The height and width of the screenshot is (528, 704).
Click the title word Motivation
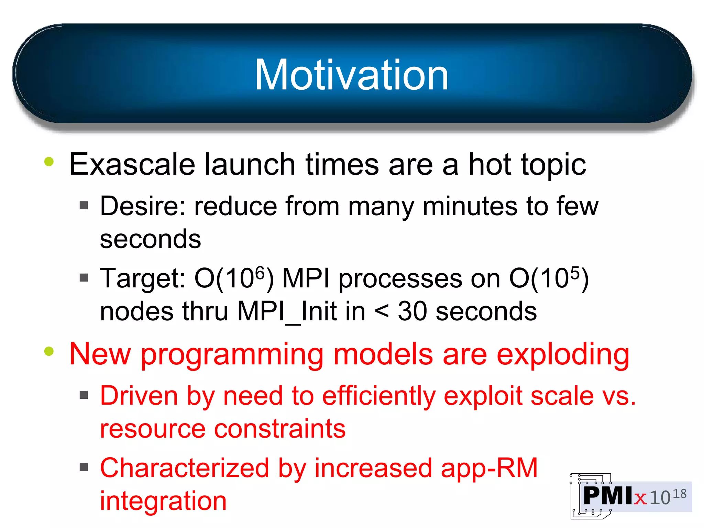pyautogui.click(x=351, y=75)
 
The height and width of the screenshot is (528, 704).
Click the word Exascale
pyautogui.click(x=132, y=164)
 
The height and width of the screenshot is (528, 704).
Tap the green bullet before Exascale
pyautogui.click(x=49, y=162)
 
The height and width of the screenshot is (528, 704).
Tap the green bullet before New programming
pyautogui.click(x=49, y=351)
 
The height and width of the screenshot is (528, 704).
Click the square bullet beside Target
pyautogui.click(x=84, y=277)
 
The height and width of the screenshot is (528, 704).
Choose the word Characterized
pyautogui.click(x=184, y=468)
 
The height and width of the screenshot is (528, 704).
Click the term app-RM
pyautogui.click(x=489, y=468)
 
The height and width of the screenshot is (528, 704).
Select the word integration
pyautogui.click(x=163, y=501)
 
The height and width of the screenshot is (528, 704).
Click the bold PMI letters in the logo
pyautogui.click(x=608, y=496)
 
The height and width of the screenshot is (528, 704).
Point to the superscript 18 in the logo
pyautogui.click(x=679, y=494)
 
